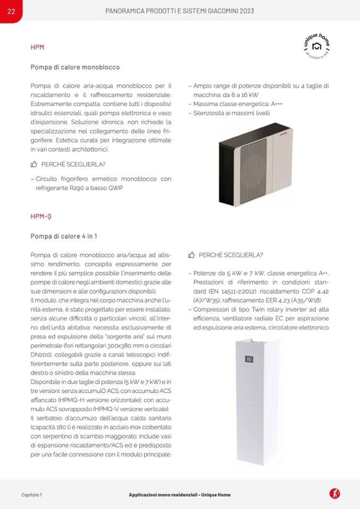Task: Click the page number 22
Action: click(x=11, y=12)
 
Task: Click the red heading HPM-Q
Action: click(x=41, y=217)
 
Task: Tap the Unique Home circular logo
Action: click(x=317, y=47)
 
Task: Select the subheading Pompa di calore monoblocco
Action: click(x=75, y=67)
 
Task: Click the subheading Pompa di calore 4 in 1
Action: click(x=64, y=236)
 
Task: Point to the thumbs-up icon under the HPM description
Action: click(x=34, y=165)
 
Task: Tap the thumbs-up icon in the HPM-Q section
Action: click(x=192, y=255)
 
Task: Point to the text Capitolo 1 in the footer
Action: click(x=31, y=495)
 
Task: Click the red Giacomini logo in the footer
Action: click(x=335, y=494)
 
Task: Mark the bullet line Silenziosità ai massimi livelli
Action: click(x=232, y=113)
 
